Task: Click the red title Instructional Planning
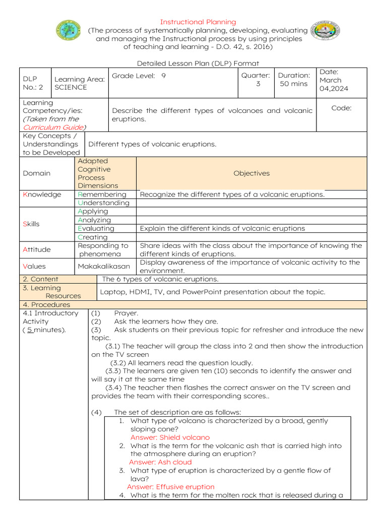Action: point(198,22)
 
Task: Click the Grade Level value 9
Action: point(164,76)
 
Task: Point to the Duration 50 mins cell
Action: point(294,80)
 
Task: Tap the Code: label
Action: point(341,108)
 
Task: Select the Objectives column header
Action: point(251,173)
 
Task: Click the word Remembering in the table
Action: point(102,195)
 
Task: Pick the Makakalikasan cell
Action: point(103,266)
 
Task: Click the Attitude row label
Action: point(37,249)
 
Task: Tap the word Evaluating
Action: point(96,228)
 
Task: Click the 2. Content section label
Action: point(41,279)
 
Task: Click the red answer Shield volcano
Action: point(170,437)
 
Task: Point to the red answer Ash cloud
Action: point(160,462)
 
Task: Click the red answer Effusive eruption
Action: point(170,487)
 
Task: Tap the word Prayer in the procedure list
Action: point(126,313)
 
